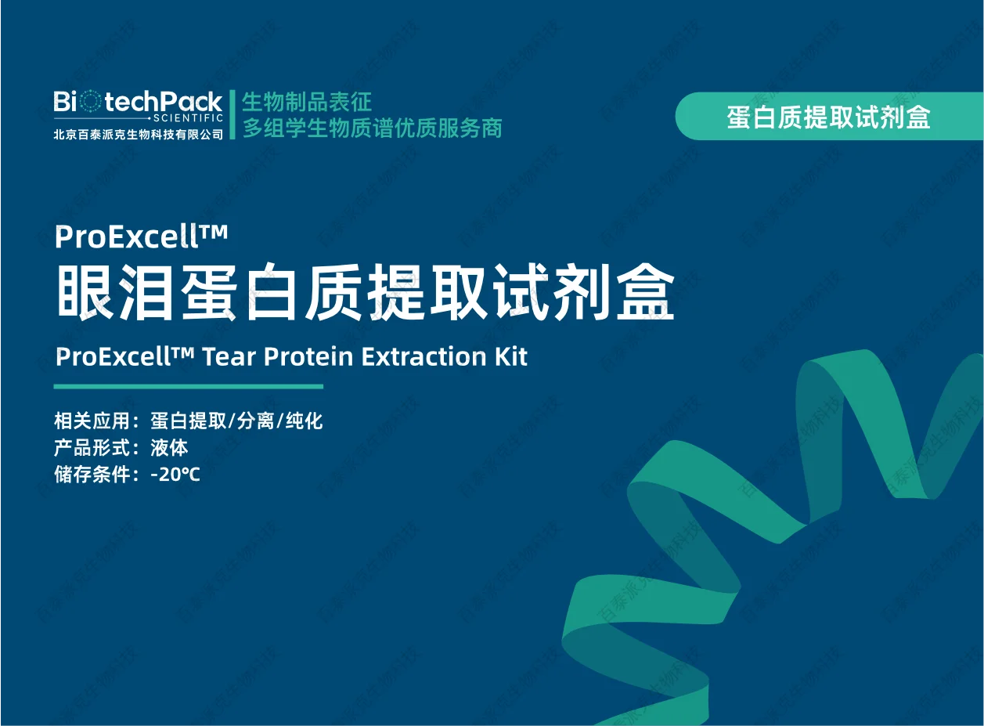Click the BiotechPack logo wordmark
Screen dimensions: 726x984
138,102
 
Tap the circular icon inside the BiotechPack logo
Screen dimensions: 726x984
92,101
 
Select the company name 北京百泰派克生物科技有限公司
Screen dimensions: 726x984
138,133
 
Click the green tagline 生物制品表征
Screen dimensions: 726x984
307,102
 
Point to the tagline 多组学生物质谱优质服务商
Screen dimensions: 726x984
372,128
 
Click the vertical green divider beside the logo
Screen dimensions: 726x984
232,114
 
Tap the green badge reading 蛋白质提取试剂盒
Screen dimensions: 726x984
828,117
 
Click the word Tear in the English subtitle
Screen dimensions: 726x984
230,356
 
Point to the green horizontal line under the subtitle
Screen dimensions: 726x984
188,386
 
